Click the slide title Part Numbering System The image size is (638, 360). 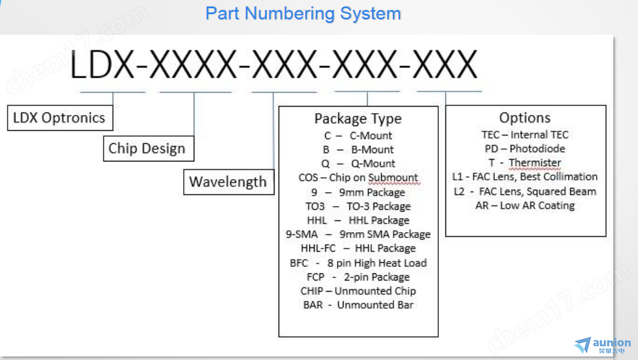[303, 14]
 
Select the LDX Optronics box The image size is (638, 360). [60, 118]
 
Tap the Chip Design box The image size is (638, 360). [148, 148]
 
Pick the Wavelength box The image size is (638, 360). [229, 182]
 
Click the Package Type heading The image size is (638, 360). [358, 119]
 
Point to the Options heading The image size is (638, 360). [525, 118]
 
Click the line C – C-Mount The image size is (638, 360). [358, 136]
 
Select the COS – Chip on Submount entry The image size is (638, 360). [358, 178]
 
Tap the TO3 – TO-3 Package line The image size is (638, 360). [358, 206]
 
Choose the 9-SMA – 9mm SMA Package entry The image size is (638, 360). [358, 235]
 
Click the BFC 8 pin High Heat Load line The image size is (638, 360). [358, 263]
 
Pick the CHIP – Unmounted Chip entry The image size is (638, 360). [358, 291]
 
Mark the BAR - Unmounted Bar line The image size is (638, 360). [358, 305]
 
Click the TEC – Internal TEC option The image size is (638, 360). [525, 135]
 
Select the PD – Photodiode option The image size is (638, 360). [525, 148]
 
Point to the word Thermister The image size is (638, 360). [535, 163]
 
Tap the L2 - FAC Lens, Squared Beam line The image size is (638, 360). [525, 191]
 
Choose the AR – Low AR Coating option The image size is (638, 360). [525, 206]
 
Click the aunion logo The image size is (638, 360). [603, 345]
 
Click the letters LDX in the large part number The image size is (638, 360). [102, 64]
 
